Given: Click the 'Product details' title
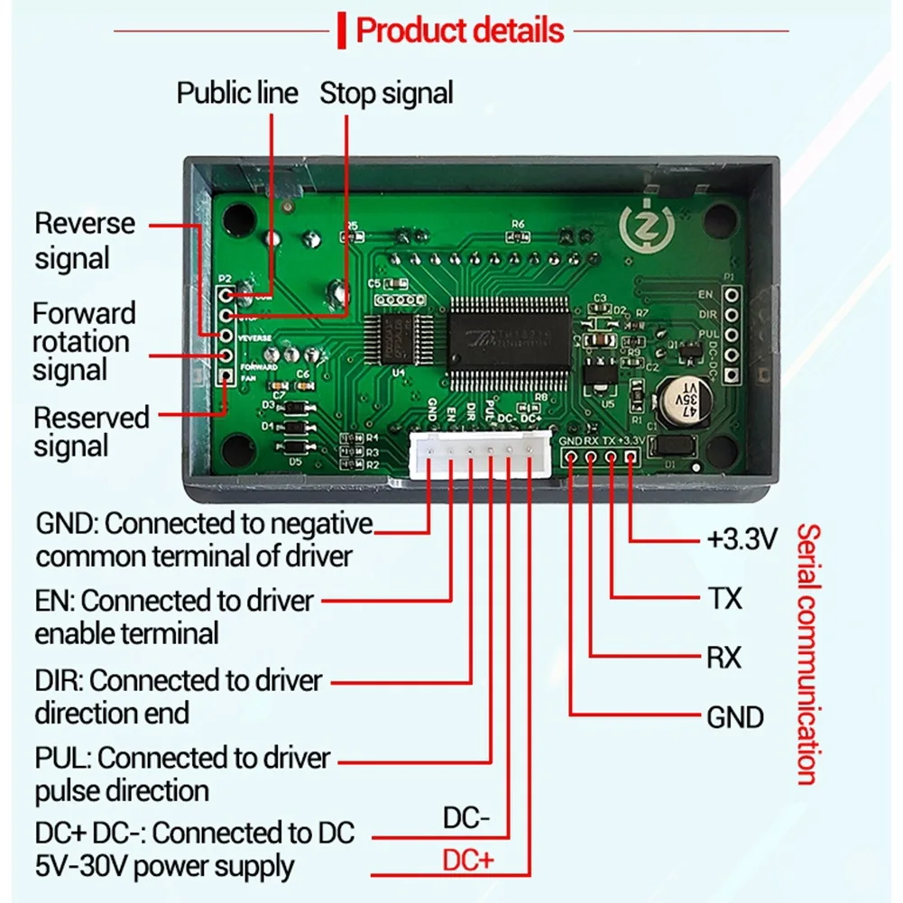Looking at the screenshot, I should click(460, 31).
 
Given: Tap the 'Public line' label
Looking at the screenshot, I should click(236, 93).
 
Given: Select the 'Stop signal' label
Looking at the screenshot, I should click(386, 93).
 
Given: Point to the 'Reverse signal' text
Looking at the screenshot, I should click(84, 241).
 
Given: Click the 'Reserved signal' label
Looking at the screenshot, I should click(90, 432).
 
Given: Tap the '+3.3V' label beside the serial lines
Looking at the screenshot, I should click(741, 540).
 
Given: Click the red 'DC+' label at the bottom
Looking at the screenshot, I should click(468, 861).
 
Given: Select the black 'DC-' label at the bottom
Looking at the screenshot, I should click(466, 819).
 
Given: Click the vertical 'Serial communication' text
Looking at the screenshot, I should click(807, 654).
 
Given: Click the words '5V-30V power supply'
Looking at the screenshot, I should click(165, 867).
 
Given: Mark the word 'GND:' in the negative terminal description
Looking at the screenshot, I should click(69, 523).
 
